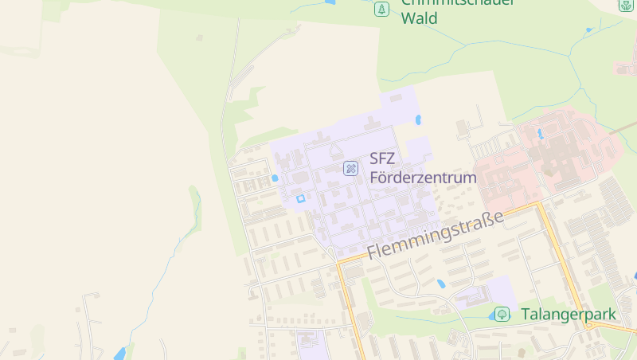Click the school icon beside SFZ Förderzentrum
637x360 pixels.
(350, 168)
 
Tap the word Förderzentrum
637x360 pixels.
(423, 178)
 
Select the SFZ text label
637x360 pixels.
(383, 159)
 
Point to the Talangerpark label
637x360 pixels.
(569, 315)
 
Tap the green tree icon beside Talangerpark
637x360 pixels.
(502, 315)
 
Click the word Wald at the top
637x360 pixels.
(419, 18)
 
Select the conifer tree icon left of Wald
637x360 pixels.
(382, 10)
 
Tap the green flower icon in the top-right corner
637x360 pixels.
(627, 5)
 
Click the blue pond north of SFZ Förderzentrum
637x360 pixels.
(418, 120)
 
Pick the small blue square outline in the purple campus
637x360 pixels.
(300, 198)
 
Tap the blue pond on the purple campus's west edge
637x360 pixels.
(275, 178)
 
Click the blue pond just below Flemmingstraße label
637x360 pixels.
(441, 284)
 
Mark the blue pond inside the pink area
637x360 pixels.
(540, 134)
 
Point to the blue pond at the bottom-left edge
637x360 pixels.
(120, 353)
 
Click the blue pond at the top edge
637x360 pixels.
(330, 2)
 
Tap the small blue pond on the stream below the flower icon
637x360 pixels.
(589, 30)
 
